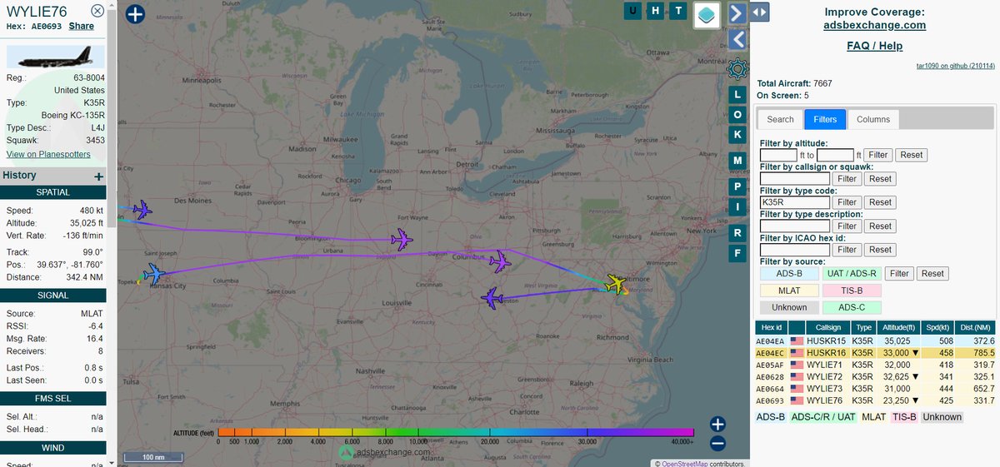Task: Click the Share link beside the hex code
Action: (82, 26)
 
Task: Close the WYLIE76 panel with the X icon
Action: (97, 11)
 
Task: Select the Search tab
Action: (780, 119)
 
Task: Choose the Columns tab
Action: (872, 119)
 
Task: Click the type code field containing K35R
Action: (795, 202)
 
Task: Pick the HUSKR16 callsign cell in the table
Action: (829, 353)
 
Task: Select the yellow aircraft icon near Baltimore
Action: (617, 284)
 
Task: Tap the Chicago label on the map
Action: (349, 180)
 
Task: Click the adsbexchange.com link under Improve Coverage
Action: (875, 25)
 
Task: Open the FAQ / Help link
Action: (874, 46)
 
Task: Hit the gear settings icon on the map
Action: (737, 68)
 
